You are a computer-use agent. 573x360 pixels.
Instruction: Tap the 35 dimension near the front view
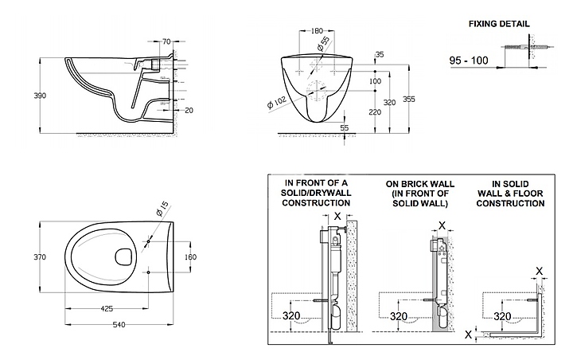pyautogui.click(x=378, y=54)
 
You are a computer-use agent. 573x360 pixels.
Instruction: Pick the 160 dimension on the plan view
pyautogui.click(x=190, y=256)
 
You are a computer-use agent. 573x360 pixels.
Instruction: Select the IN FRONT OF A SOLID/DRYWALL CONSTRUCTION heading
pyautogui.click(x=318, y=194)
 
